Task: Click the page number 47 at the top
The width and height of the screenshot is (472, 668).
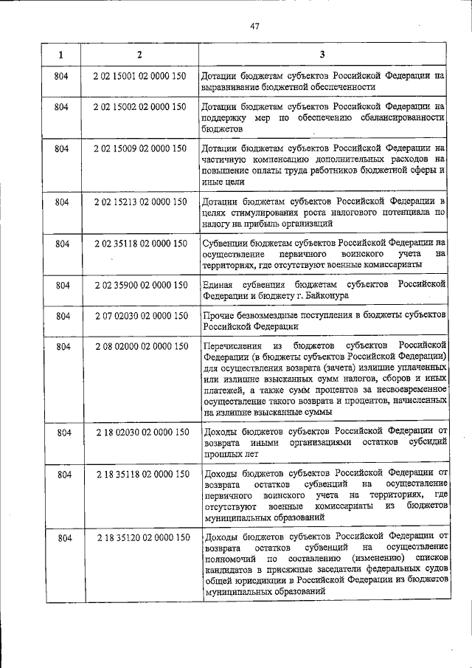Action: click(254, 27)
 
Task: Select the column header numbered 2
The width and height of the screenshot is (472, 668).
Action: click(139, 55)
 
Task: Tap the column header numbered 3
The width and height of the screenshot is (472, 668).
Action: click(322, 55)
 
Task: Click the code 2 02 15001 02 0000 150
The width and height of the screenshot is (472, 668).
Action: click(139, 76)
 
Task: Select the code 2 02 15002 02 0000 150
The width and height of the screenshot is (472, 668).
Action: click(139, 107)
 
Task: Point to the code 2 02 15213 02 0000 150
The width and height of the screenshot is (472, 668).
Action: click(139, 201)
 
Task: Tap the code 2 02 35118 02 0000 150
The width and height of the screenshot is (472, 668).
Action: click(139, 243)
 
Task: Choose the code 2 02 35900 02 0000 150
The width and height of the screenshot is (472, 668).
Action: click(139, 284)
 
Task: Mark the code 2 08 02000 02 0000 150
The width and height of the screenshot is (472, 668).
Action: click(139, 346)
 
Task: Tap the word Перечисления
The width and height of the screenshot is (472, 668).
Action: click(235, 345)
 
